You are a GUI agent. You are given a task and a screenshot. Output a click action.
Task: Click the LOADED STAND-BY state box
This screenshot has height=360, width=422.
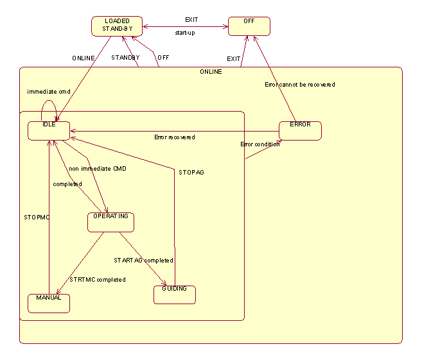pyautogui.click(x=116, y=26)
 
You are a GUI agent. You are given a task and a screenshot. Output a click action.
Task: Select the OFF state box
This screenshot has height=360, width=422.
pyautogui.click(x=249, y=26)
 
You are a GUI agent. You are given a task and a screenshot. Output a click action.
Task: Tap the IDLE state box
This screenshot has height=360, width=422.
pyautogui.click(x=49, y=130)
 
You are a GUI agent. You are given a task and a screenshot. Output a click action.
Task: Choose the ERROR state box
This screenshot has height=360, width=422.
pyautogui.click(x=300, y=130)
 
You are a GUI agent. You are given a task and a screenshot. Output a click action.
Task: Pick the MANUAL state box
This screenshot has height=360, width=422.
pyautogui.click(x=49, y=303)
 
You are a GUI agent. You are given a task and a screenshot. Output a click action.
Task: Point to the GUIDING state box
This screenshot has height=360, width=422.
pyautogui.click(x=174, y=295)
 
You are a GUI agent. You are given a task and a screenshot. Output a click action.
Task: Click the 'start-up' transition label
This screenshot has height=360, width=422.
pyautogui.click(x=185, y=33)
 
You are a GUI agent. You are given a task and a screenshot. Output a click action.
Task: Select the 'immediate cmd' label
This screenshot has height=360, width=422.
pyautogui.click(x=48, y=92)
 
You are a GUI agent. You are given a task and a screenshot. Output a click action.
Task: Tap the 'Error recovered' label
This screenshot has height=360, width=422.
pyautogui.click(x=175, y=137)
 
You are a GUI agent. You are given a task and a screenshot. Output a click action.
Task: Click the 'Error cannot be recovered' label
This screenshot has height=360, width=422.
pyautogui.click(x=299, y=85)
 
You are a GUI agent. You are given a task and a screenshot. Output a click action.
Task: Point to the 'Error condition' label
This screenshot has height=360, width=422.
pyautogui.click(x=260, y=144)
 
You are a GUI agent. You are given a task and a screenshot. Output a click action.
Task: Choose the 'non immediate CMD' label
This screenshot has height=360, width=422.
pyautogui.click(x=98, y=169)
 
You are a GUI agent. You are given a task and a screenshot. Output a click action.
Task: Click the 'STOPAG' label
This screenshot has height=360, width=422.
pyautogui.click(x=191, y=173)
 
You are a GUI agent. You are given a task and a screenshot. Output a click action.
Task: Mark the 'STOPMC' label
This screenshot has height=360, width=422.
pyautogui.click(x=37, y=217)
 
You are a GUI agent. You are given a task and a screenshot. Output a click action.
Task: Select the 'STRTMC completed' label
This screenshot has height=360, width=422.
pyautogui.click(x=98, y=280)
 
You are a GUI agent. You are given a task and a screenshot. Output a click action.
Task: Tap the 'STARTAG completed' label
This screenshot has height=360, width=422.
pyautogui.click(x=143, y=261)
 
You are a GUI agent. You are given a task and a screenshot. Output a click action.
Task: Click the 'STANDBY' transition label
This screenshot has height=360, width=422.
pyautogui.click(x=125, y=58)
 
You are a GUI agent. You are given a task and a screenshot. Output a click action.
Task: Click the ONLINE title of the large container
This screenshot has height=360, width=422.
pyautogui.click(x=211, y=72)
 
